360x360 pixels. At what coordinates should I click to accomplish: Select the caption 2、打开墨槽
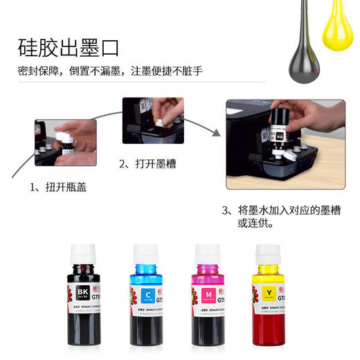pos(148,164)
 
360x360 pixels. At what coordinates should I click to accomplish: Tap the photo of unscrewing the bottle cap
pos(65,143)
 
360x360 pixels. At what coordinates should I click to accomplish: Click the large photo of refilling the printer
pos(285,143)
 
